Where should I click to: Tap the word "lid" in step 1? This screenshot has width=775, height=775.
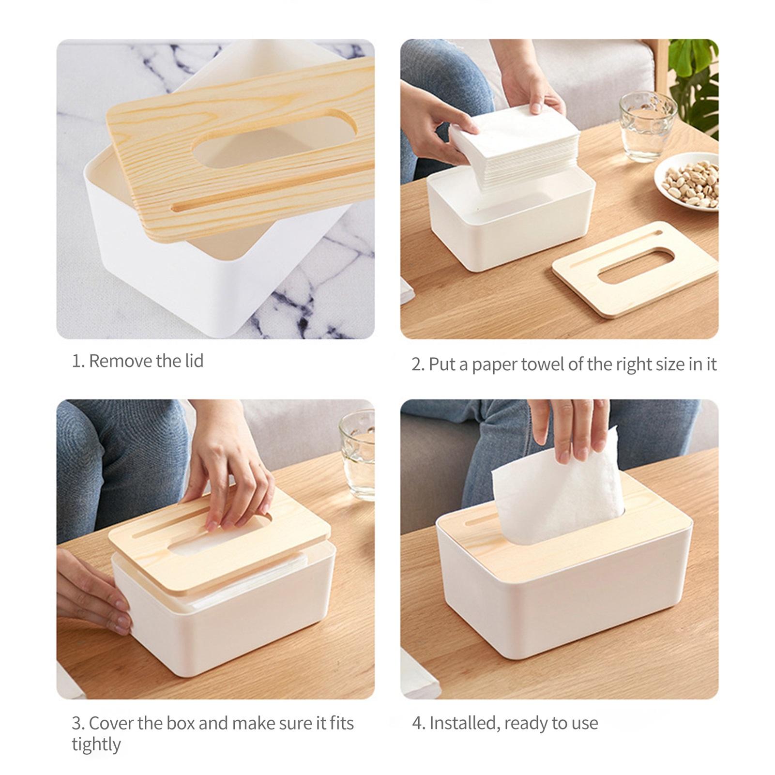[194, 361]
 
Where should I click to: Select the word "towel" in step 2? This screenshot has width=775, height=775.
[542, 364]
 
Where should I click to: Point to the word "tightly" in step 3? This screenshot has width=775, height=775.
[96, 745]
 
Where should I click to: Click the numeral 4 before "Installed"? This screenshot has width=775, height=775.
[417, 723]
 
